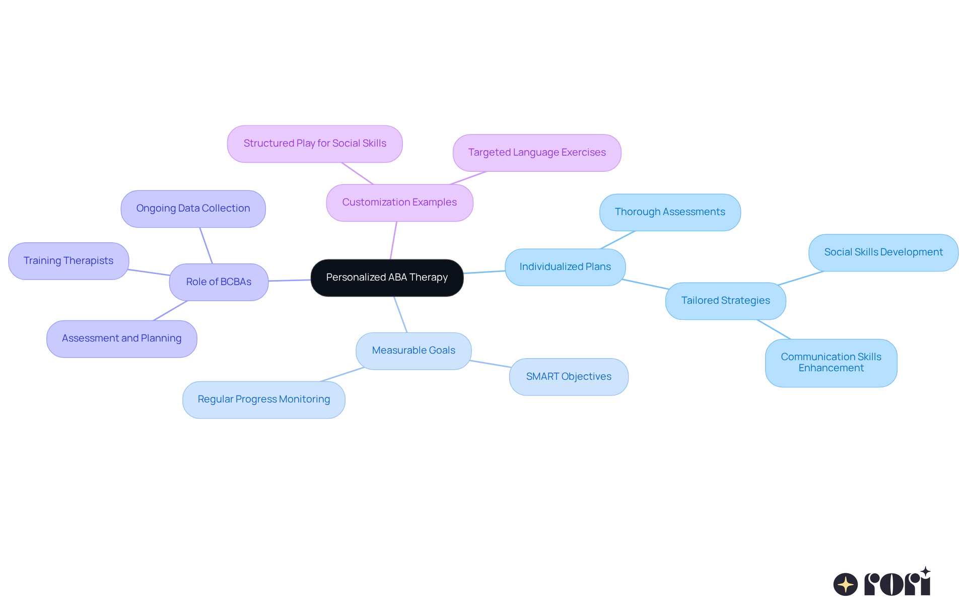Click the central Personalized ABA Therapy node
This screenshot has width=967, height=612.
387,278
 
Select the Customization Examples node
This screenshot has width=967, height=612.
399,202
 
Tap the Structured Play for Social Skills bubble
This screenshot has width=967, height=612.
315,144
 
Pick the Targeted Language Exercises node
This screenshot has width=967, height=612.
537,153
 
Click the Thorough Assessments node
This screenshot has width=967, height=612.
670,212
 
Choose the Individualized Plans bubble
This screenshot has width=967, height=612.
565,267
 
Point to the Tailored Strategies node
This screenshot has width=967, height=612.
725,301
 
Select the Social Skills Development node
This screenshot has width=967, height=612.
883,252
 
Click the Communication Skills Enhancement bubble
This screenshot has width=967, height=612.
831,363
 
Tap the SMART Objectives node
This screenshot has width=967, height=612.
569,377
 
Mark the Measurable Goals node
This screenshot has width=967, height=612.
413,351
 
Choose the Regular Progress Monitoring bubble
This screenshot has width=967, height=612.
264,399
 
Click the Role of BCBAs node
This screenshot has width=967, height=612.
219,282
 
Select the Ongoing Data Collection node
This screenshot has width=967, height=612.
193,209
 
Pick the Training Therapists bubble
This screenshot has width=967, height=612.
68,261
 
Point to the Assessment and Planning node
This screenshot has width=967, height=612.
122,338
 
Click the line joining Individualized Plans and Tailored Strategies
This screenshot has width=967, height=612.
646,284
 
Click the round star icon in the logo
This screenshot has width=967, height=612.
845,584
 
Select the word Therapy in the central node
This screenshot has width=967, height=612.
428,278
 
